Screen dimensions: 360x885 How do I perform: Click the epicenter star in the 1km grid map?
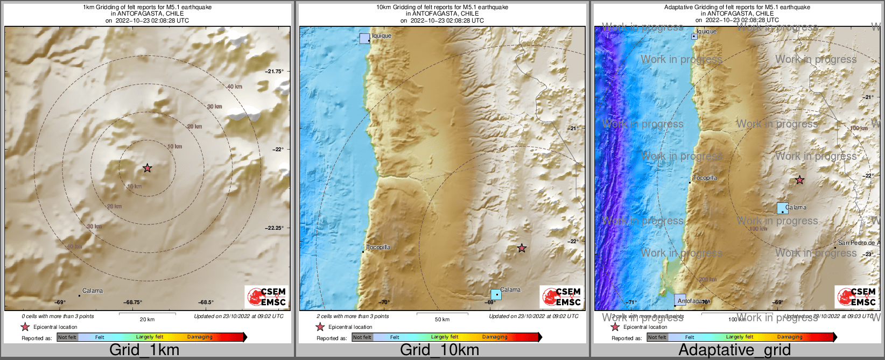[x=147, y=168]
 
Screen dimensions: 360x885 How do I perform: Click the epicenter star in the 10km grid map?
[x=522, y=248]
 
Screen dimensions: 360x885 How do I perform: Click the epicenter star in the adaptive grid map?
[x=800, y=180]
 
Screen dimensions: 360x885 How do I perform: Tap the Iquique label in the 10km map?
[x=382, y=36]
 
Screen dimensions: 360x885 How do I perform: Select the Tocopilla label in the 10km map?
[x=378, y=247]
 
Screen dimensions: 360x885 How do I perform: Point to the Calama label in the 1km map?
[x=93, y=291]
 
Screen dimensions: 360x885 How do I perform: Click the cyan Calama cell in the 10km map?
[x=496, y=294]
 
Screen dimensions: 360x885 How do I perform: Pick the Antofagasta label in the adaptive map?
[x=694, y=301]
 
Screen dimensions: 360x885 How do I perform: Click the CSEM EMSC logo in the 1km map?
[x=266, y=297]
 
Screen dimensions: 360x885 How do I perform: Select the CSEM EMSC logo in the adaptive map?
[x=856, y=297]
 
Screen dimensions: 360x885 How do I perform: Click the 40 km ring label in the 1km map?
[x=235, y=87]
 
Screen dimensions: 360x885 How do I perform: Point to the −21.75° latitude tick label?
[x=274, y=71]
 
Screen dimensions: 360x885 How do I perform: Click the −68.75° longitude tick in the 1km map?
[x=133, y=302]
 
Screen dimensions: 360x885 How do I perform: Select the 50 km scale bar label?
[x=442, y=320]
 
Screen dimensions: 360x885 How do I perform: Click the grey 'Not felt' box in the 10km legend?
[x=362, y=337]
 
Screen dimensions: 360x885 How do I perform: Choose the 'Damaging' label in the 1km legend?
[x=200, y=337]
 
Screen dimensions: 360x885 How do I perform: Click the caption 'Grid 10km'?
[x=439, y=350]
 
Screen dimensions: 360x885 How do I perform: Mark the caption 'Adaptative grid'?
[x=734, y=350]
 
